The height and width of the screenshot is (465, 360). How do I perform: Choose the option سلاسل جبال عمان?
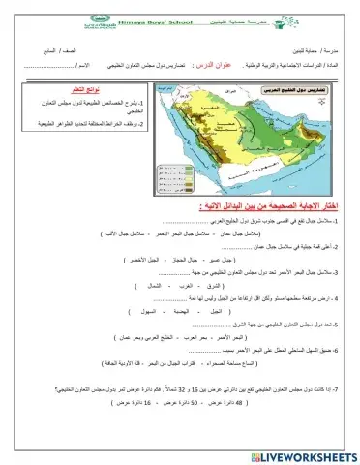227,235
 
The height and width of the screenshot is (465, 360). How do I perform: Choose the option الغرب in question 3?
179,288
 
